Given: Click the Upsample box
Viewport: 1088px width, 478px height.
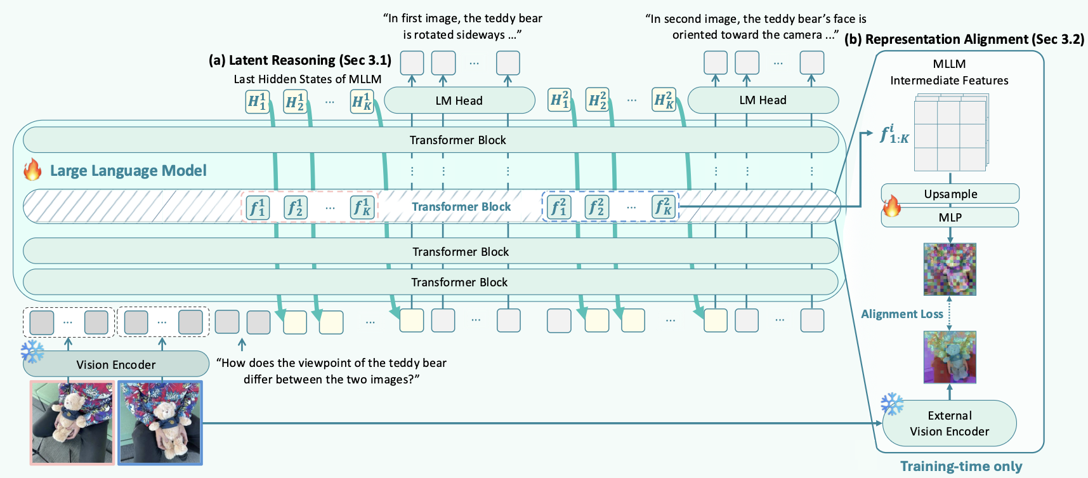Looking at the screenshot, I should tap(950, 194).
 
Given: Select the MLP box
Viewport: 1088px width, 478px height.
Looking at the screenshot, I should tap(950, 217).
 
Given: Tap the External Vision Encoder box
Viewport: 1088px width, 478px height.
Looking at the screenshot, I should tap(949, 423).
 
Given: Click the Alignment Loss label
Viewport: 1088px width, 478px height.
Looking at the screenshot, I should tap(901, 314).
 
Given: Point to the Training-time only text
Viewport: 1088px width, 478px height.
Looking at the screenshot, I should tap(961, 467).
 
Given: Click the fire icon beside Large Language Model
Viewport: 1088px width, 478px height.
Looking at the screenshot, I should tap(32, 170).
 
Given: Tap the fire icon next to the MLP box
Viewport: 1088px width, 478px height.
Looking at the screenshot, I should tap(891, 206).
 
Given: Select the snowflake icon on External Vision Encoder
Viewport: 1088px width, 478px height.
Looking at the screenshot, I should tap(892, 404).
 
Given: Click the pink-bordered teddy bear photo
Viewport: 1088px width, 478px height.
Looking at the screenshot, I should tap(72, 422).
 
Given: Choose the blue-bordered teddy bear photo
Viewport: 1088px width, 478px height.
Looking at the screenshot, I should tap(160, 422).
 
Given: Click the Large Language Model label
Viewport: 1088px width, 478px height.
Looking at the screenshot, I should tap(128, 170).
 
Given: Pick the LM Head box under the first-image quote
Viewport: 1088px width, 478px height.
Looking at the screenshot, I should tap(459, 100).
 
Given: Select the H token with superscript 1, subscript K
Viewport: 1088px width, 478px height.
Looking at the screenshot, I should tap(362, 101).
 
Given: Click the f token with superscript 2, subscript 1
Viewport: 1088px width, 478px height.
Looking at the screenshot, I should tap(558, 207).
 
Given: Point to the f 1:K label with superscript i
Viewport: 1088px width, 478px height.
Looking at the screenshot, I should tap(894, 135).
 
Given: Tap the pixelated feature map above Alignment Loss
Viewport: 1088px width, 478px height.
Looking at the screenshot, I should tap(949, 269).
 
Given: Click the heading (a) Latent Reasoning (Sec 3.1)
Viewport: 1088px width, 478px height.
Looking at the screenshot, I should tap(299, 60).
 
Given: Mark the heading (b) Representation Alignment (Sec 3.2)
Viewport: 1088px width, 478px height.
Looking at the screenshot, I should tap(964, 39).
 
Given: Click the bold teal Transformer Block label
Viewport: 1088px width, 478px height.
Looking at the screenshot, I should tap(461, 207).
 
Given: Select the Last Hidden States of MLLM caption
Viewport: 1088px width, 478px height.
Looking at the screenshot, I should tap(307, 79).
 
